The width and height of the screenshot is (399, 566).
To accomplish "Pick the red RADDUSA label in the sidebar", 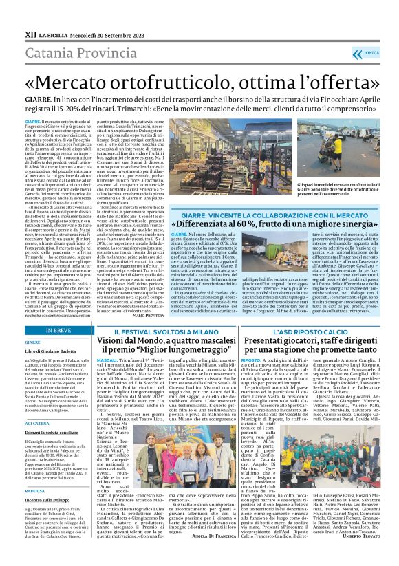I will [34, 492].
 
